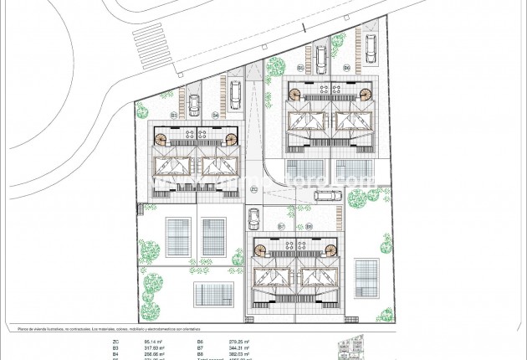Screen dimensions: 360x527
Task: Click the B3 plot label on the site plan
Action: point(174,114)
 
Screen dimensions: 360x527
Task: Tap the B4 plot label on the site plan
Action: point(215,114)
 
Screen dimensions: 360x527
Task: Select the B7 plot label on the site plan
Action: point(281,227)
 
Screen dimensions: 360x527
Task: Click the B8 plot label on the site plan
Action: point(309,227)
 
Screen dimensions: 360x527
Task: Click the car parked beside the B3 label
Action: point(194,105)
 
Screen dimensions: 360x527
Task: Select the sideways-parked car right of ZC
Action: point(327,196)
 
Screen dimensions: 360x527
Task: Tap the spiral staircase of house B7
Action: point(263,249)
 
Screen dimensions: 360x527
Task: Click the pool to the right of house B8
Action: point(366,276)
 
